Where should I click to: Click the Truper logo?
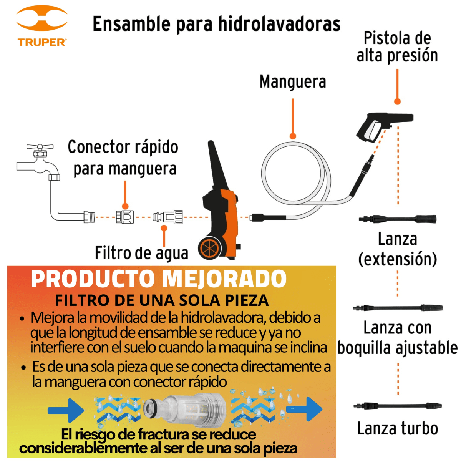coord(41,26)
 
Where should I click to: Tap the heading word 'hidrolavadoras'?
coord(279,24)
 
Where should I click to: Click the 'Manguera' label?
coord(293,82)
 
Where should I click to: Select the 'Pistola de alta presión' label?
coord(397,47)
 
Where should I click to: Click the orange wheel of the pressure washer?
coord(210,248)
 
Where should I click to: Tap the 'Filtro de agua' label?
coord(141,253)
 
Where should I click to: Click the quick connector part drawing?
coord(125,217)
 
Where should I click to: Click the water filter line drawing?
coord(168,217)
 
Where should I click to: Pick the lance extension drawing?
coord(397,219)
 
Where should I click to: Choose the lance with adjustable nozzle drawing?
coord(397,308)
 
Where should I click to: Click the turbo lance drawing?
coord(397,406)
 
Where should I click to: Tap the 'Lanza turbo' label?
coord(397,428)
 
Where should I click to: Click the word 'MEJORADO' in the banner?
coord(224,279)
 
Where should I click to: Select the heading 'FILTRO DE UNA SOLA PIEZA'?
coord(162,300)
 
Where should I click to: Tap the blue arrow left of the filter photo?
coord(66,410)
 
